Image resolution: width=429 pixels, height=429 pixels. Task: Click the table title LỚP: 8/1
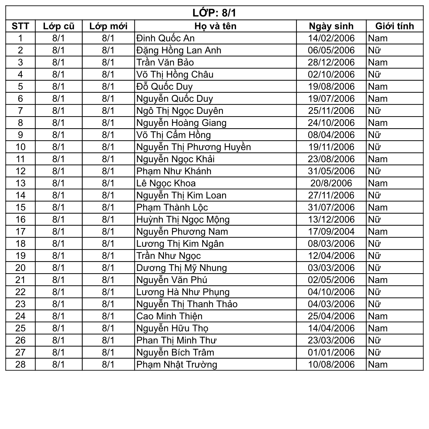pos(214,13)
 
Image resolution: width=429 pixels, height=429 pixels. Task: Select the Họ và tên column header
pos(215,26)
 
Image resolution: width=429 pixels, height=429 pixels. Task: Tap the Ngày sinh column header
pos(331,26)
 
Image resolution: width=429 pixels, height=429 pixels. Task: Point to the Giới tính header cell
pos(394,26)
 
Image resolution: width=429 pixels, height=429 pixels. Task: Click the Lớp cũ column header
pos(59,26)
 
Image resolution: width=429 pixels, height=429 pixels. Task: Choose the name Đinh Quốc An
pos(165,38)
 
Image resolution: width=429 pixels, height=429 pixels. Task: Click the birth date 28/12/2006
pos(331,62)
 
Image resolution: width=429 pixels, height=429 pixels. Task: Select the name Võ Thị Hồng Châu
pos(175,75)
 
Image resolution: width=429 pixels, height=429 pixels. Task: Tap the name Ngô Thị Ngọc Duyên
pos(180,111)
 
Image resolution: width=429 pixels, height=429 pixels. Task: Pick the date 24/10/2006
pos(331,123)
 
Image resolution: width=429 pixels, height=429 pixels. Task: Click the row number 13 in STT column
pos(20,183)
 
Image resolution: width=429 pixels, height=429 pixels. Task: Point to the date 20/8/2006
pos(331,183)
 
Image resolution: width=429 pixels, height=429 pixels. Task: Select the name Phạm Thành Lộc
pos(172,208)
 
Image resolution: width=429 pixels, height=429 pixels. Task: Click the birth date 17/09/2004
pos(331,232)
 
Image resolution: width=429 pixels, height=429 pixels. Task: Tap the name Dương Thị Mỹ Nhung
pos(182,268)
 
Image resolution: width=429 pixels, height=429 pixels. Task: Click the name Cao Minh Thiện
pos(169,316)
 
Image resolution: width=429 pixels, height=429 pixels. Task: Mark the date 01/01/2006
pos(331,352)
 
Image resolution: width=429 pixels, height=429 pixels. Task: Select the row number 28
pos(20,364)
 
